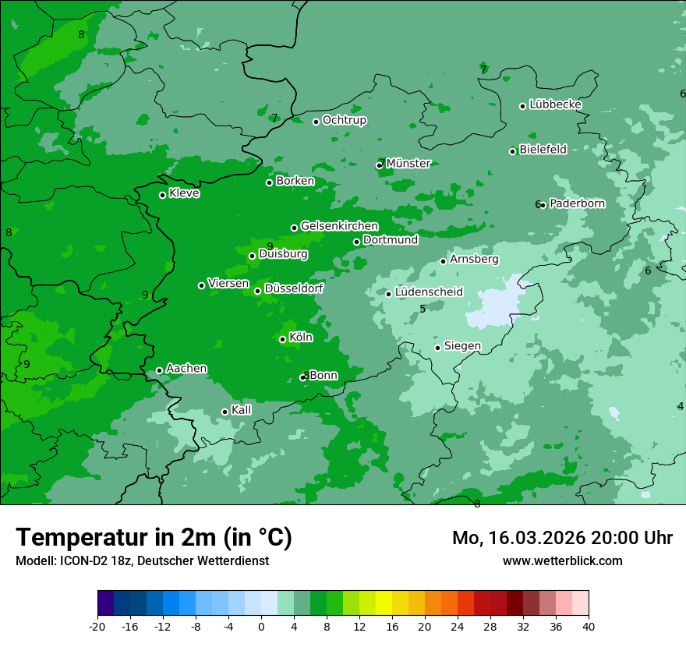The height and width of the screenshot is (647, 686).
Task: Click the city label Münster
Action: (408, 164)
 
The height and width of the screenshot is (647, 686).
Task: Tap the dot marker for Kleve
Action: (162, 195)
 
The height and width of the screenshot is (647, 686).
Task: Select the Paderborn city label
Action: (577, 203)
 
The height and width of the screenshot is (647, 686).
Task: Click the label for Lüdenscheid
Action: (429, 292)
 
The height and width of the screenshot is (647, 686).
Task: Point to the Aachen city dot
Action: (159, 371)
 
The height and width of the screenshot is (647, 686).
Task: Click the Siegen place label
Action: (462, 346)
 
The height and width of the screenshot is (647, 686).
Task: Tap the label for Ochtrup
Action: (344, 120)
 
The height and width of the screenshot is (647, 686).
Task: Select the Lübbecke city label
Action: (555, 104)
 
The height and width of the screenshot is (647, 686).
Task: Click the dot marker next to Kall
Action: (225, 412)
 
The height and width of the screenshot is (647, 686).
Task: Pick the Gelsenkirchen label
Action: (339, 226)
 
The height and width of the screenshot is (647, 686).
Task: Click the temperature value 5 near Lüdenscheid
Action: (423, 309)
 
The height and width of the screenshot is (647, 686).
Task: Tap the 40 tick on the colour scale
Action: (588, 627)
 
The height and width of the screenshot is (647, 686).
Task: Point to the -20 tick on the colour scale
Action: (97, 627)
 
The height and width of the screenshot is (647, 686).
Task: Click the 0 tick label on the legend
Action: (261, 627)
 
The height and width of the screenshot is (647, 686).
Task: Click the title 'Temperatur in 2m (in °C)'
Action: (154, 538)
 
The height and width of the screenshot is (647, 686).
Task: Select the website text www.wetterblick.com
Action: (562, 560)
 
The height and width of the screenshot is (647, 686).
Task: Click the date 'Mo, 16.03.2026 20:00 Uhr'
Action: (562, 538)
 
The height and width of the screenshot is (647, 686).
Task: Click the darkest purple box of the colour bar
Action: (105, 603)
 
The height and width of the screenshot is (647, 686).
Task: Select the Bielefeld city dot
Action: (513, 151)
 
